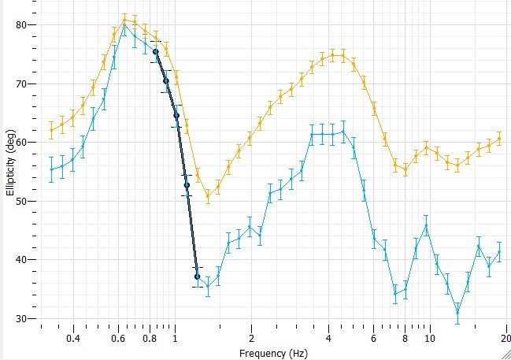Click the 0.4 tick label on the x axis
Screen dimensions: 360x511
coord(73,340)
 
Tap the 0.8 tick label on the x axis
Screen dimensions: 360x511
coord(150,340)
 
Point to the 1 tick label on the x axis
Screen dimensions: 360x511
coord(176,340)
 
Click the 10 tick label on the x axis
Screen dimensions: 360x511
coord(430,340)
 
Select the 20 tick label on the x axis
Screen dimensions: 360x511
coord(505,340)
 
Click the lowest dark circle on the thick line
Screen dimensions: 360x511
coord(197,276)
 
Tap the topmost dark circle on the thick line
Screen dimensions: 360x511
coord(156,52)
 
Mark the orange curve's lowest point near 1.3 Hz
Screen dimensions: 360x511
coord(208,196)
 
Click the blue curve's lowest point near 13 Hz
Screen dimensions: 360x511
coord(457,313)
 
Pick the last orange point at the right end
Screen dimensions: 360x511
coord(499,139)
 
